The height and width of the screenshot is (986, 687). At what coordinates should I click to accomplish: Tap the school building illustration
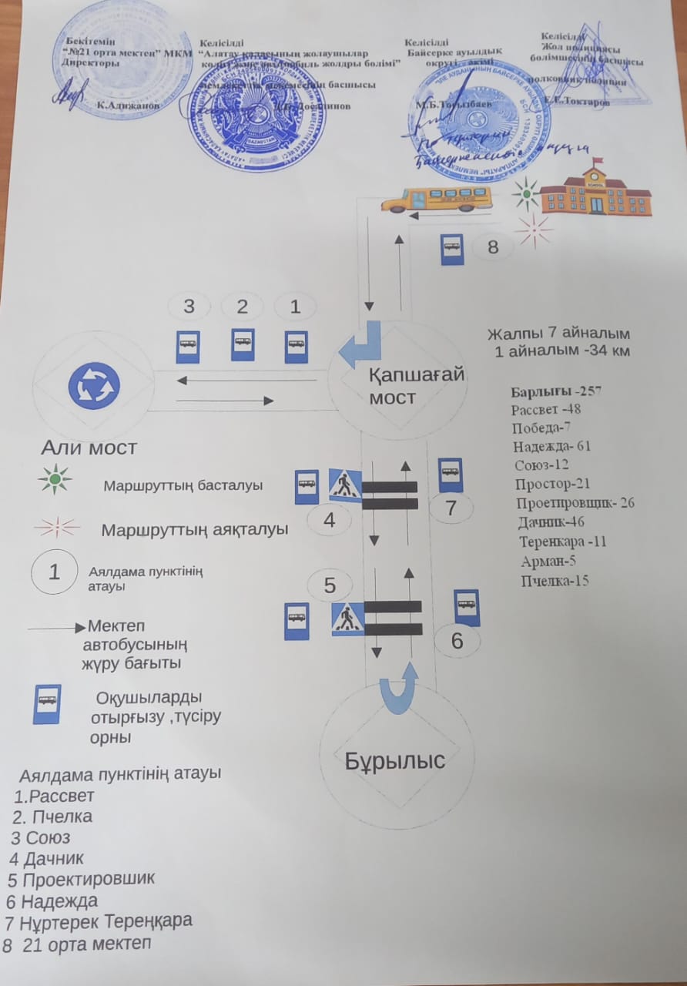[x=595, y=190]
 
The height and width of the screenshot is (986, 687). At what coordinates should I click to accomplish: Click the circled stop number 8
[x=493, y=247]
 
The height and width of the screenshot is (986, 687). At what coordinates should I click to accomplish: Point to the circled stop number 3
[x=189, y=307]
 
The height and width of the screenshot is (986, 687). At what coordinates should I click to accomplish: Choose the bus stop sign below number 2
[x=243, y=344]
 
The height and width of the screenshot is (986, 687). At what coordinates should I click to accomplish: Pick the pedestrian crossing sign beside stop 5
[x=347, y=619]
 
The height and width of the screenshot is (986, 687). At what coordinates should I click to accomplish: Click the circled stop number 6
[x=457, y=641]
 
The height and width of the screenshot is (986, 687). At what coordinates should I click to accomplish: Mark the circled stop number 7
[x=452, y=508]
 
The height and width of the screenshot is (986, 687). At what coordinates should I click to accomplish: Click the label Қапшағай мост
[x=416, y=386]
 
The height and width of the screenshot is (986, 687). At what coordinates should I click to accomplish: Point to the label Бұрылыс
[x=395, y=760]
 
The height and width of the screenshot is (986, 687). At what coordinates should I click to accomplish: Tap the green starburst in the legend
[x=55, y=478]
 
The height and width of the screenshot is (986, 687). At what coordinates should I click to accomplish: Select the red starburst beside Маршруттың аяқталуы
[x=55, y=528]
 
